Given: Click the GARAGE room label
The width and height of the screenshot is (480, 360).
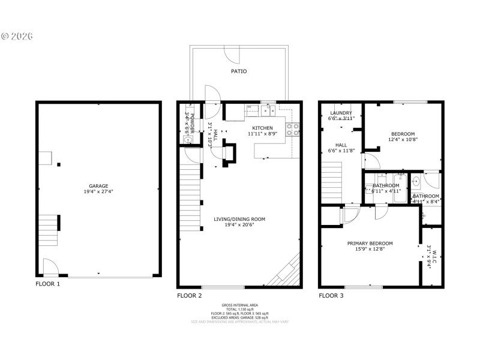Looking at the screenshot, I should pyautogui.click(x=99, y=186).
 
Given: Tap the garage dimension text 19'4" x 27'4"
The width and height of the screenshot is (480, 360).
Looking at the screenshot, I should pyautogui.click(x=99, y=192).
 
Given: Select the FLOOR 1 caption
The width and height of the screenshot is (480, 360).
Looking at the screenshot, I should pyautogui.click(x=48, y=284).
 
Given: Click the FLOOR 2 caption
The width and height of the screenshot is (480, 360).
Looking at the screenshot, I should pyautogui.click(x=190, y=296).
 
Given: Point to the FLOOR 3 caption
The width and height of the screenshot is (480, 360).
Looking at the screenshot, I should pyautogui.click(x=331, y=296).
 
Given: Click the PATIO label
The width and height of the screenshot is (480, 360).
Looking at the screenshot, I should pyautogui.click(x=239, y=71).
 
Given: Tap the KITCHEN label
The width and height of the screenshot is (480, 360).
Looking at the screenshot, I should pyautogui.click(x=262, y=128).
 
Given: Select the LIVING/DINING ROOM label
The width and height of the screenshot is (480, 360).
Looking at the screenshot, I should pyautogui.click(x=239, y=219).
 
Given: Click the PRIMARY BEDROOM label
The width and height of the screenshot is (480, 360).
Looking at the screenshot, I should pyautogui.click(x=370, y=243).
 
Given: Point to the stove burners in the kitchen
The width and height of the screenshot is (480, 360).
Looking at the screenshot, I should pyautogui.click(x=293, y=127).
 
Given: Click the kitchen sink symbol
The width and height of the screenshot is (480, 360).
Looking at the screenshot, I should pyautogui.click(x=268, y=109).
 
